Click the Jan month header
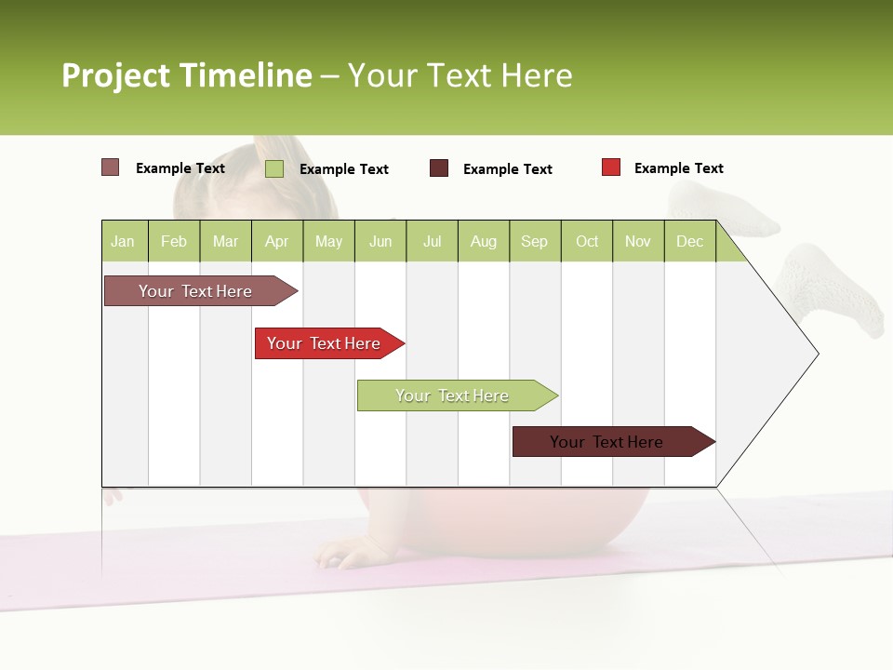pyautogui.click(x=123, y=241)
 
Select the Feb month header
pyautogui.click(x=174, y=241)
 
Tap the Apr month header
pyautogui.click(x=276, y=241)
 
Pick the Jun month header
pyautogui.click(x=380, y=241)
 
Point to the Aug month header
pyautogui.click(x=483, y=241)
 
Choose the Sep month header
pyautogui.click(x=534, y=241)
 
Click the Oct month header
pyautogui.click(x=587, y=241)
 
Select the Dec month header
pyautogui.click(x=689, y=241)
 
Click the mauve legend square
pyautogui.click(x=111, y=167)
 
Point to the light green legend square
pyautogui.click(x=274, y=168)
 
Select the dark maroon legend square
pyautogui.click(x=439, y=168)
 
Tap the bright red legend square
pyautogui.click(x=611, y=167)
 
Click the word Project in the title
pyautogui.click(x=115, y=75)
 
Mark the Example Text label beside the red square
pyautogui.click(x=678, y=168)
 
